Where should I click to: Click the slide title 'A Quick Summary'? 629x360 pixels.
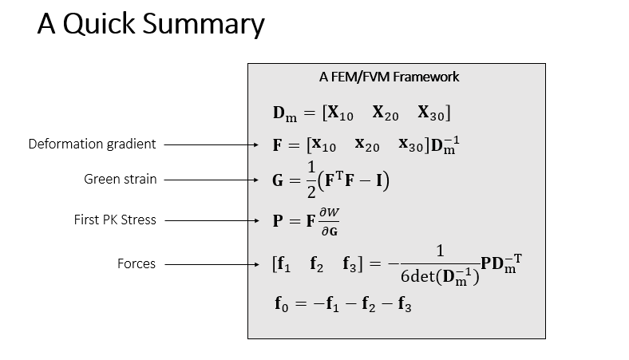(150, 26)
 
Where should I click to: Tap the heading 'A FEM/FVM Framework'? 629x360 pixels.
(389, 77)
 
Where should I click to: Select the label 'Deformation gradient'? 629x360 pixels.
(92, 144)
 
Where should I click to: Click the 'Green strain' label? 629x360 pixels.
(121, 180)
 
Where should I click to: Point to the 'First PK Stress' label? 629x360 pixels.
(114, 220)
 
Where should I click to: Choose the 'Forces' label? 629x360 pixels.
(136, 263)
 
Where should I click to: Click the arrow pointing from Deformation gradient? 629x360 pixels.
(213, 145)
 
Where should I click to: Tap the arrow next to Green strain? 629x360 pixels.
(213, 180)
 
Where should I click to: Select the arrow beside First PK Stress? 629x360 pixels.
(213, 220)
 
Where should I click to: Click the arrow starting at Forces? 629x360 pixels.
(213, 264)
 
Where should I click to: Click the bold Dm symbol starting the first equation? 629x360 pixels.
(284, 114)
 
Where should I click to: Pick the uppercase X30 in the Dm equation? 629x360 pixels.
(435, 113)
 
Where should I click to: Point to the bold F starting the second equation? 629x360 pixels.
(279, 146)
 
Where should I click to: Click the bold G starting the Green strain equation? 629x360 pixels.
(279, 181)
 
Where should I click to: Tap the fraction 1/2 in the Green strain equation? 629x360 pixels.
(311, 181)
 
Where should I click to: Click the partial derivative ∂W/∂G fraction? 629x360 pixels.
(329, 220)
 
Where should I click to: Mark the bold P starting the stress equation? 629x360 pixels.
(279, 221)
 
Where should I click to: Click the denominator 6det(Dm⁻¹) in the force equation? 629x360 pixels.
(440, 279)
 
